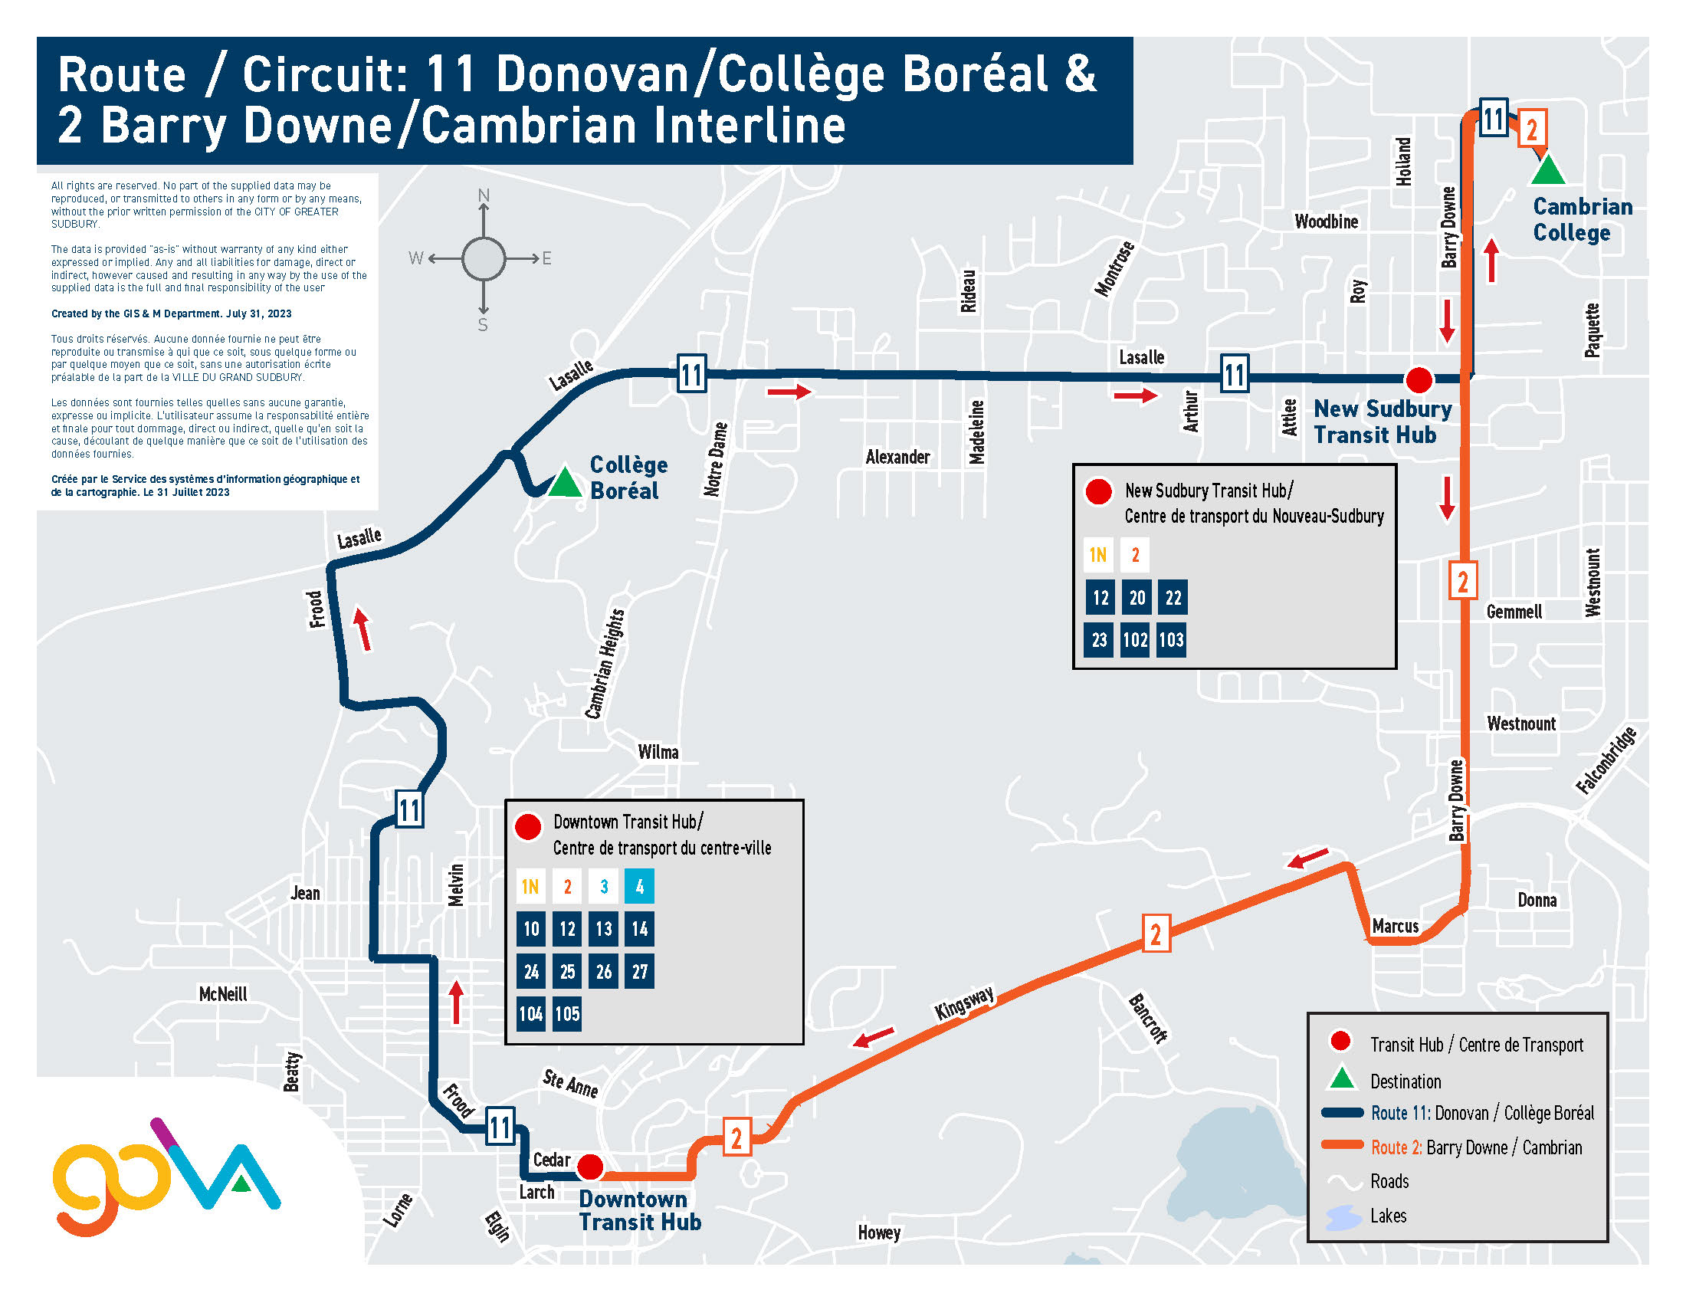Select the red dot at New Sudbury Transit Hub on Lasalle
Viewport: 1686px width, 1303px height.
[1419, 379]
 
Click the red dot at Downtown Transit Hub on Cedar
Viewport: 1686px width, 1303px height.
[590, 1167]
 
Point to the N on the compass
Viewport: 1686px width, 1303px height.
[484, 195]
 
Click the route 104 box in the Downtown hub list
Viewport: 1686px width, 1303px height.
[531, 1013]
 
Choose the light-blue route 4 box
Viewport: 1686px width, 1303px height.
[640, 886]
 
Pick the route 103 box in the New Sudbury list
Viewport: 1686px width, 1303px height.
[1171, 640]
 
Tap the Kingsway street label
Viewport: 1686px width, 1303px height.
[964, 1003]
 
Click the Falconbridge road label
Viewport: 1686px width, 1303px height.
[1606, 761]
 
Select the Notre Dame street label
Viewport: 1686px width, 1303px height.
[716, 459]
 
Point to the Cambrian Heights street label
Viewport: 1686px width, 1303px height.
[605, 664]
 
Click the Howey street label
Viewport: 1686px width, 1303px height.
[879, 1232]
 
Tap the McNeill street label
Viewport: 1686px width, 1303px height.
[223, 994]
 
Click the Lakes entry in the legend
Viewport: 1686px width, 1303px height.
[1388, 1216]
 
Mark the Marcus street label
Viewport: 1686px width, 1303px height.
[1395, 927]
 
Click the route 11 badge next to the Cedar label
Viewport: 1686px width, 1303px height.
[500, 1127]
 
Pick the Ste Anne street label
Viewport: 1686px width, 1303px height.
[570, 1084]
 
